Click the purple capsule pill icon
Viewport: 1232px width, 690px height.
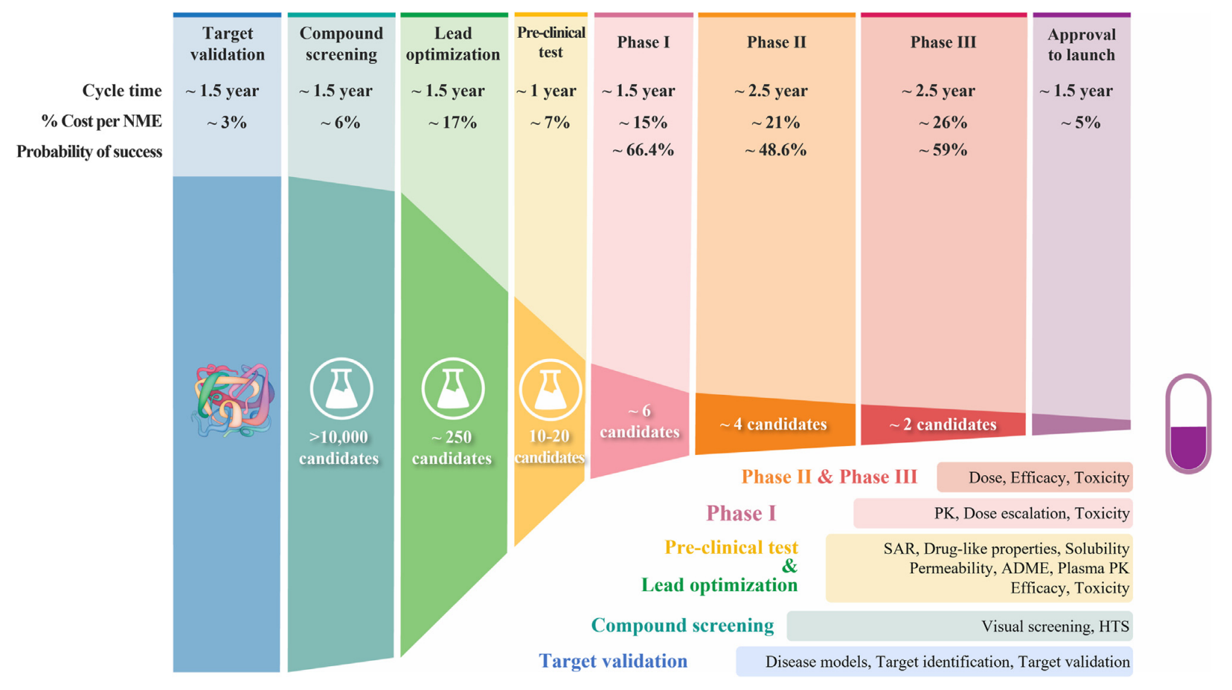click(1189, 423)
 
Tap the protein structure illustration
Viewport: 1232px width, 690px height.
click(233, 400)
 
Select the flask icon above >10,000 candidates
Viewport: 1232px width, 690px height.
click(341, 389)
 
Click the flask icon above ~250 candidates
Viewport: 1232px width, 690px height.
click(453, 389)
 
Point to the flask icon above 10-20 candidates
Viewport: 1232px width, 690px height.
click(551, 390)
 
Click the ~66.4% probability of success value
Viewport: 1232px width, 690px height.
click(643, 149)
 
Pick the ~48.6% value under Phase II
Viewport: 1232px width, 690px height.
click(775, 149)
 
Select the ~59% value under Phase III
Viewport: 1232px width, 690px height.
click(943, 149)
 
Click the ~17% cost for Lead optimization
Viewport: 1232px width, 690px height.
click(452, 122)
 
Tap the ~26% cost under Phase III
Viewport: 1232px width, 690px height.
click(943, 122)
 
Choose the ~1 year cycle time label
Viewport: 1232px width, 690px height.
click(546, 91)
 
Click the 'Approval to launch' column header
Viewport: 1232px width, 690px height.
click(1081, 45)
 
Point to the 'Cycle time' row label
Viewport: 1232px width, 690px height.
click(122, 91)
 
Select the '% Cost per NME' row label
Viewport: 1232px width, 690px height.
click(102, 121)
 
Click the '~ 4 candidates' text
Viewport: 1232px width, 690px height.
click(773, 424)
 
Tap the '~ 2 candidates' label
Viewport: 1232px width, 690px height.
click(943, 424)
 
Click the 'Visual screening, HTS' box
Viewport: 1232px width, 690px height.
click(960, 625)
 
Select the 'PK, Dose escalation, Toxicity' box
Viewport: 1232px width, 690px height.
click(993, 513)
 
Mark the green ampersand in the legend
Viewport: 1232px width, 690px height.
click(789, 566)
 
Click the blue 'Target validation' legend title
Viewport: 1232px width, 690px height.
click(613, 660)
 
